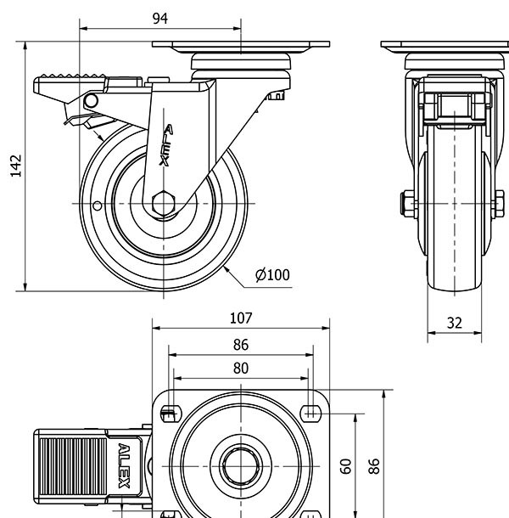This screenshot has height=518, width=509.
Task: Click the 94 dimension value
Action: pyautogui.click(x=160, y=18)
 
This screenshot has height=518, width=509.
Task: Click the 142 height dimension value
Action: pyautogui.click(x=15, y=166)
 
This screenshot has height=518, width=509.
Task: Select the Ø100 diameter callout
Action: pyautogui.click(x=271, y=274)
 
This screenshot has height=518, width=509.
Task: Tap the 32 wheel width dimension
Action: pyautogui.click(x=455, y=322)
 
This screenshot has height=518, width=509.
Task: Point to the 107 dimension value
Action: pyautogui.click(x=241, y=318)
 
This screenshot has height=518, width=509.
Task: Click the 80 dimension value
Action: pyautogui.click(x=241, y=368)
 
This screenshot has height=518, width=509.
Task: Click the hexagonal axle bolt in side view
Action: pyautogui.click(x=163, y=204)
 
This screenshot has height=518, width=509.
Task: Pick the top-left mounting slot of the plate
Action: pyautogui.click(x=168, y=414)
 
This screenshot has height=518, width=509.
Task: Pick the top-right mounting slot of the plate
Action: pyautogui.click(x=311, y=414)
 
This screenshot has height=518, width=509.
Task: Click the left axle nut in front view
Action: pyautogui.click(x=408, y=204)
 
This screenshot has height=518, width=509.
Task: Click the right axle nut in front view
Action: pyautogui.click(x=500, y=204)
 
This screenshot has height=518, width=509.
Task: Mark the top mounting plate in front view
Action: pyautogui.click(x=445, y=46)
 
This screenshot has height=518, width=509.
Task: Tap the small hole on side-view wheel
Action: pyautogui.click(x=97, y=205)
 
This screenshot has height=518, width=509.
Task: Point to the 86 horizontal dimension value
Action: pyautogui.click(x=241, y=344)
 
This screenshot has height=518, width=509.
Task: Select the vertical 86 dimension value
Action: pyautogui.click(x=374, y=465)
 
